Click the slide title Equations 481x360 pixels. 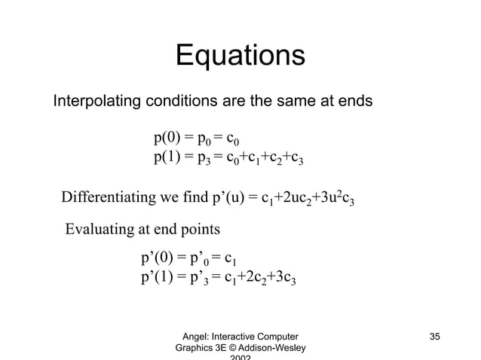pos(240,56)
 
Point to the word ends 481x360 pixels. pos(352,101)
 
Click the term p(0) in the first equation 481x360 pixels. pos(168,138)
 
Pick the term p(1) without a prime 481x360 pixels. pos(168,157)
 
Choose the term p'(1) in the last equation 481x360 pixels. pos(158,279)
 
